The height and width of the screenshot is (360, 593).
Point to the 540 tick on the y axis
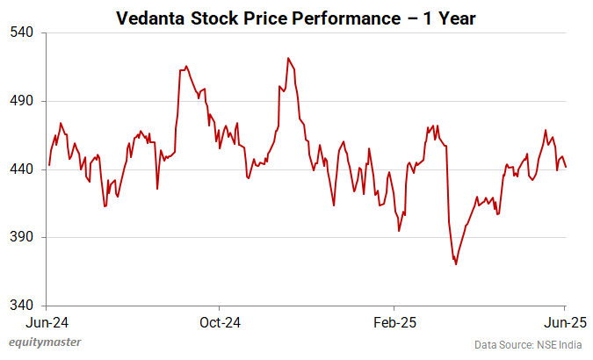coord(22,32)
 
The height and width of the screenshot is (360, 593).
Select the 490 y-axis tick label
coord(22,101)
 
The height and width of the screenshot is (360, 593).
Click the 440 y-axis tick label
coord(22,169)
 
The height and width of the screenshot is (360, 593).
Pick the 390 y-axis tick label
coord(22,237)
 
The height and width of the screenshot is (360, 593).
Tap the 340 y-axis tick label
coord(22,306)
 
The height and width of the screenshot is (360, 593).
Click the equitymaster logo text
coord(42,343)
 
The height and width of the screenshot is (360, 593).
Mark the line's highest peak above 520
coord(287,58)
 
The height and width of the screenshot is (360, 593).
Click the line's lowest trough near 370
coord(456,264)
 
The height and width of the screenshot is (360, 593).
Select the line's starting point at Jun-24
coord(49,165)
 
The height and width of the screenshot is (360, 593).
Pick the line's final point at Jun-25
coord(566,167)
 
